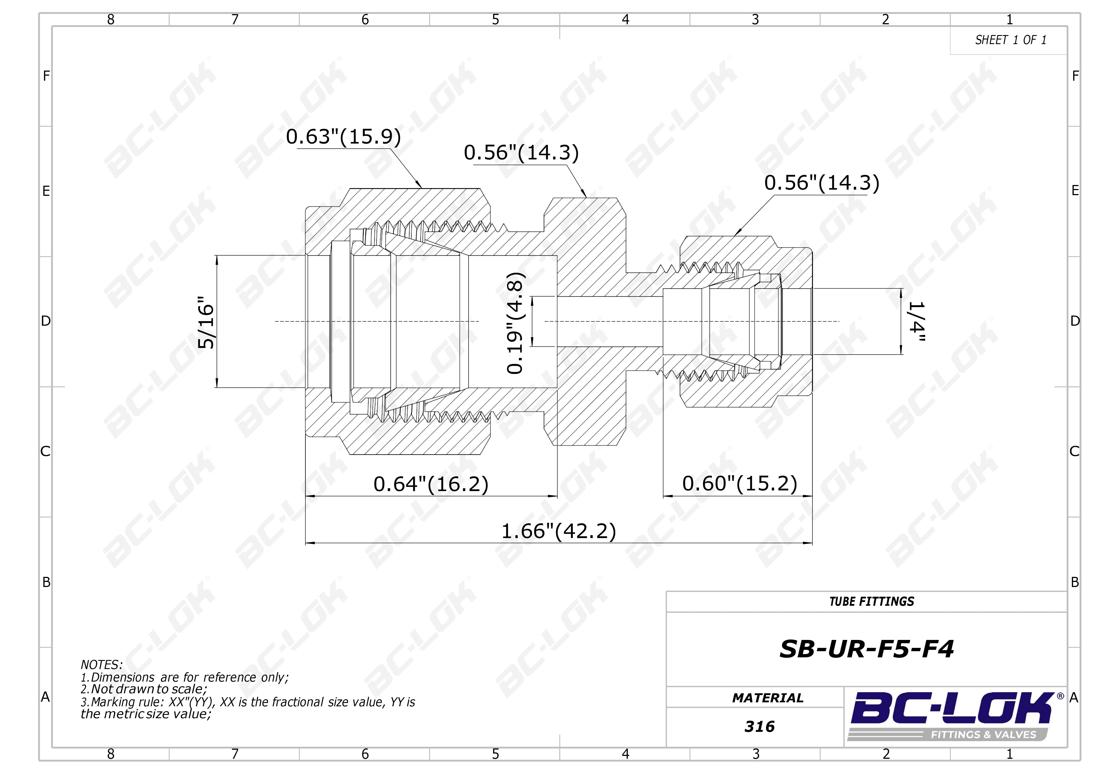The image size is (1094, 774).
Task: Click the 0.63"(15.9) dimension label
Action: pyautogui.click(x=344, y=137)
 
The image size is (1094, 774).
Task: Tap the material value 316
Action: pyautogui.click(x=760, y=726)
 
